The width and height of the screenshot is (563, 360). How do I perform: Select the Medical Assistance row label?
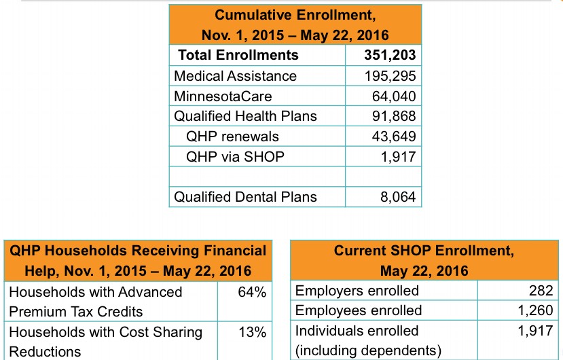tap(235, 75)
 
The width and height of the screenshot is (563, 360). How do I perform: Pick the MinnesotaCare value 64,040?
tap(394, 96)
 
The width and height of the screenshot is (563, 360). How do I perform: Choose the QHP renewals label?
tap(232, 136)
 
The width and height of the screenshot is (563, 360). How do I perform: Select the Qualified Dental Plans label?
tap(245, 197)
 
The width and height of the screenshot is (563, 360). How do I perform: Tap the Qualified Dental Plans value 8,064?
tap(397, 197)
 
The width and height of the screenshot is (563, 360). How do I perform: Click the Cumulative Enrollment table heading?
tap(295, 24)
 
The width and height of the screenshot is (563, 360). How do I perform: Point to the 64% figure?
tap(252, 292)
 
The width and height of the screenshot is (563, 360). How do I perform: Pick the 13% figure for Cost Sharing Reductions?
tap(252, 332)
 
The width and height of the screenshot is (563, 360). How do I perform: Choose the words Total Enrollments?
tap(238, 55)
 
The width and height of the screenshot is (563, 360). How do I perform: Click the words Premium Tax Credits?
tap(76, 312)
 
